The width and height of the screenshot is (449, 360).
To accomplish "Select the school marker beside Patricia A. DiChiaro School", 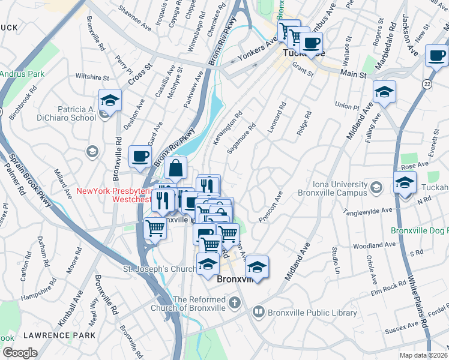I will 110,100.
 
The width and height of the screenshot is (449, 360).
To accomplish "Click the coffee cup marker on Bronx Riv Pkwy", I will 140,157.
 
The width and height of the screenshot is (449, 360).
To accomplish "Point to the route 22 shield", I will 427,83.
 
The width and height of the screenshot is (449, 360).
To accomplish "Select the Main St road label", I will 354,75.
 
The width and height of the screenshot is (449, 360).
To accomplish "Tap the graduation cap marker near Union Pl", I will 384,92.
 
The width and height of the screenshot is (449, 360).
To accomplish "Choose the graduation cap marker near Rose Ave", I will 405,183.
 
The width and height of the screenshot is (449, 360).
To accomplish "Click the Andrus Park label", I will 22,74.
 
